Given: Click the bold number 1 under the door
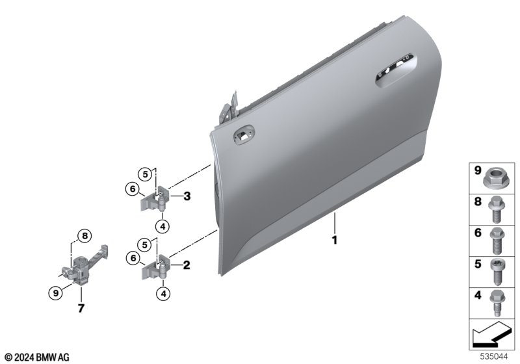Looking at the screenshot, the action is (x=335, y=240).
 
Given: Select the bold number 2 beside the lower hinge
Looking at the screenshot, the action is (x=187, y=265).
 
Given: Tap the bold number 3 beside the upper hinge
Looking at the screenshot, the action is (x=187, y=196).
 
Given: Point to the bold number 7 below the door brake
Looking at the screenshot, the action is (x=81, y=308).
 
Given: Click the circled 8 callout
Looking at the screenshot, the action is (x=85, y=236).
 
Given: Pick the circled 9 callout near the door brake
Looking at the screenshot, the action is (x=55, y=293).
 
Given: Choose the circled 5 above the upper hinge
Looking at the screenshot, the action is (x=145, y=174).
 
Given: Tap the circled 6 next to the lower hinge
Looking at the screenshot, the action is (x=133, y=258).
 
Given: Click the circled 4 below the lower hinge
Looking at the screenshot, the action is (x=163, y=293).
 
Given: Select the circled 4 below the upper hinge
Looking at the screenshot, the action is (x=162, y=227).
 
